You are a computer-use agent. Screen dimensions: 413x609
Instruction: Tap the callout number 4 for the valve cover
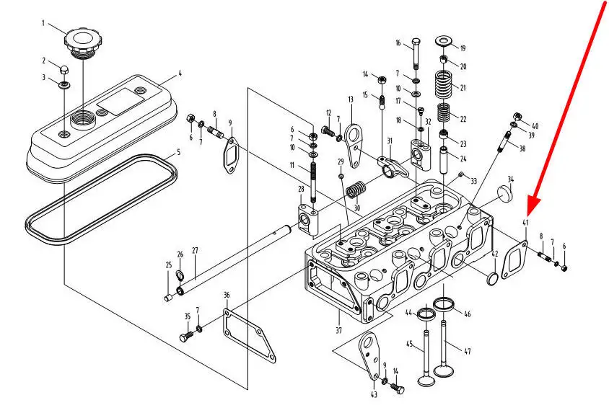(180, 73)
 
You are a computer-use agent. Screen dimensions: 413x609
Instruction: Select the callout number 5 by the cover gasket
(179, 153)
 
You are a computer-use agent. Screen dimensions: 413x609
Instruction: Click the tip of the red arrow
(530, 205)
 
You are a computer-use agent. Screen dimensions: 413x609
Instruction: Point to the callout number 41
(526, 223)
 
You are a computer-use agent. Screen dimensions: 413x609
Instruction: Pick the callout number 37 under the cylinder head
(338, 331)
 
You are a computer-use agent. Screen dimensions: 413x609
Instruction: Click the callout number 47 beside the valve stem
(467, 351)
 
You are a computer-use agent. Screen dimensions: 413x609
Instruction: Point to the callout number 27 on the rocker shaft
(195, 252)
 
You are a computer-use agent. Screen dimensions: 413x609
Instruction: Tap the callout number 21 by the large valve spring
(463, 88)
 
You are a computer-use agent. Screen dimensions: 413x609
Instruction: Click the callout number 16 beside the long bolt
(398, 43)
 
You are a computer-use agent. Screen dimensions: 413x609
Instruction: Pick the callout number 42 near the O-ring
(495, 254)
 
